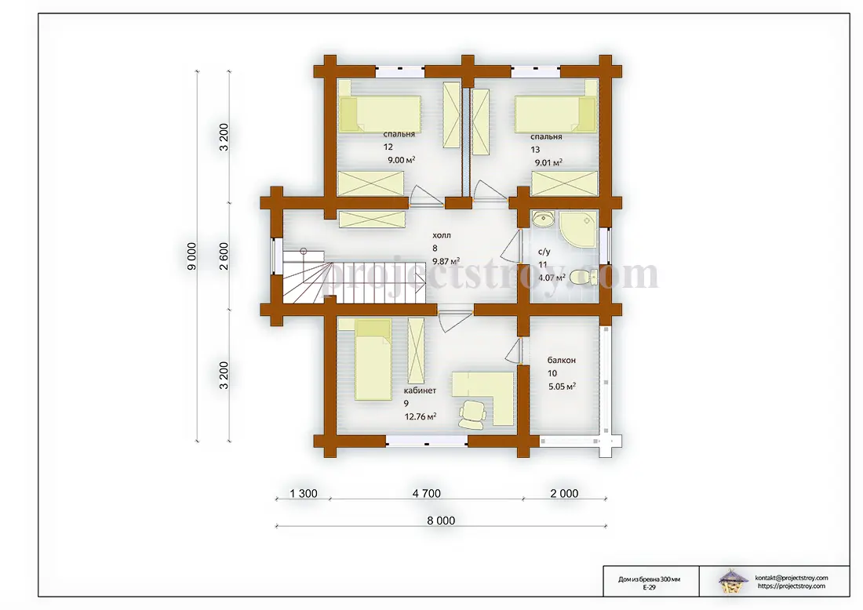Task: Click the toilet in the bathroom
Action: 584,278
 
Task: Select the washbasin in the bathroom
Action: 543,220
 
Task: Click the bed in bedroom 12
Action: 380,114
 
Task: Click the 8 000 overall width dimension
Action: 441,521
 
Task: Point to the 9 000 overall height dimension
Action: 191,256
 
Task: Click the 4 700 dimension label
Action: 427,494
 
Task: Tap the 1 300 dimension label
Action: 304,494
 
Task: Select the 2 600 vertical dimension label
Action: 224,256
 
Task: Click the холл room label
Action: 442,235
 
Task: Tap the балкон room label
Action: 562,361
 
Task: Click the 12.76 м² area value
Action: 421,416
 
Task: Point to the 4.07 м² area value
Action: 552,278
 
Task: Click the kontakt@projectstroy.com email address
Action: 792,578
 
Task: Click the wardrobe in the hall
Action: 372,220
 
